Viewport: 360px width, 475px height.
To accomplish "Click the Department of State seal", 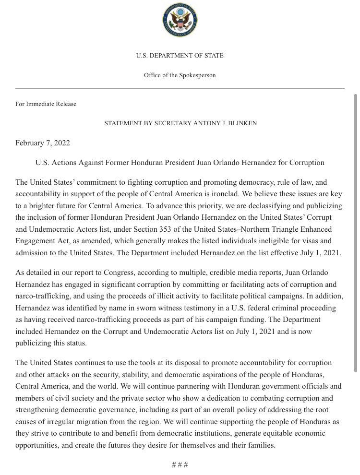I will coord(180,20).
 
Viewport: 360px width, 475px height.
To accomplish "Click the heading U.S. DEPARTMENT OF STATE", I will coord(180,56).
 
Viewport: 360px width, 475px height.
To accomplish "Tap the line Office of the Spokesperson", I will coord(180,75).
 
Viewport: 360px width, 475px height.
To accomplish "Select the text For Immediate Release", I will coord(46,104).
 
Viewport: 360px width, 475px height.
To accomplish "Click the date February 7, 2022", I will coord(43,143).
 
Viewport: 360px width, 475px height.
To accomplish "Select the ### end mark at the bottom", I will coord(180,464).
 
